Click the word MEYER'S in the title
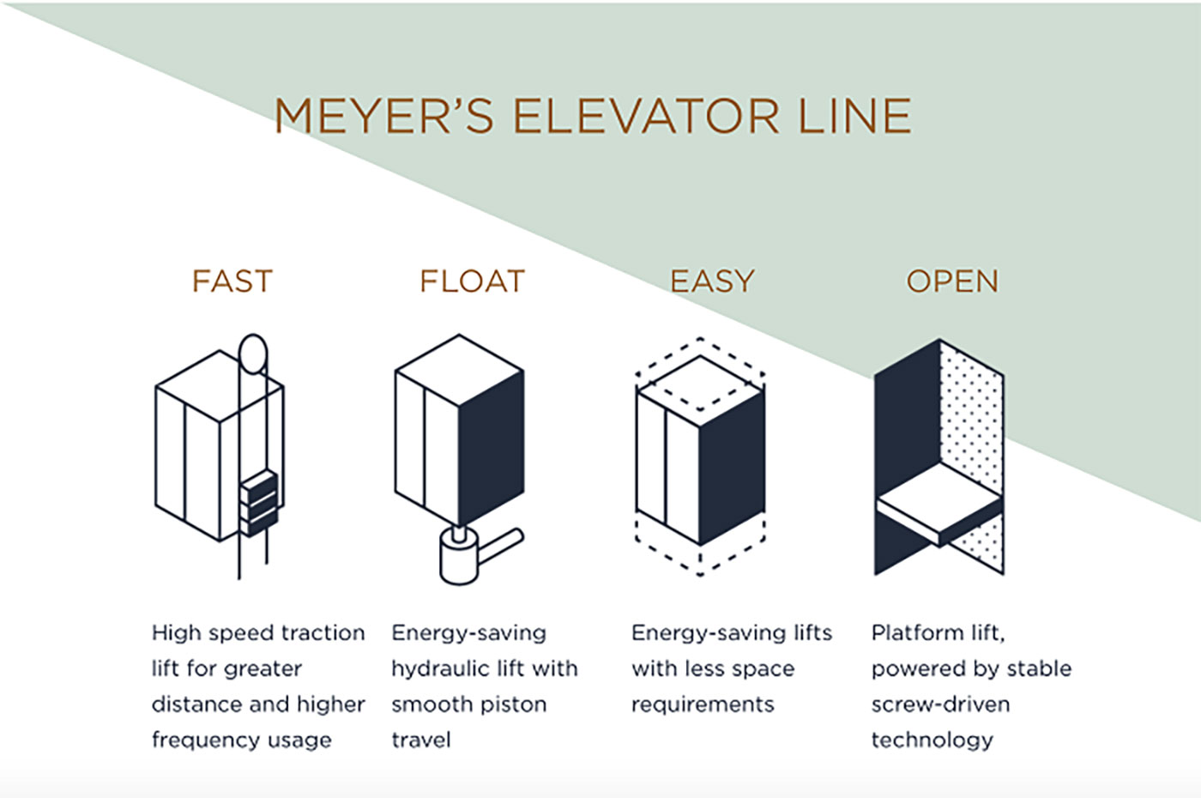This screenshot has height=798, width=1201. [383, 117]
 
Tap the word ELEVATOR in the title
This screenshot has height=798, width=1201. [646, 117]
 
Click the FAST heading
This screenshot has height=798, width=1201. [232, 281]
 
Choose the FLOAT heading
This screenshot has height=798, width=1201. [472, 281]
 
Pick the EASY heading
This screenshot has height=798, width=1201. [712, 281]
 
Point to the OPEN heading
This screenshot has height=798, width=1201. [952, 281]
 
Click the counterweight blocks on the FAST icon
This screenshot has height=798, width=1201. [259, 503]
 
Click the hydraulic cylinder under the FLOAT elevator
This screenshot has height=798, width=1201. [459, 558]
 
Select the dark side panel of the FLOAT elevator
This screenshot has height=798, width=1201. [491, 446]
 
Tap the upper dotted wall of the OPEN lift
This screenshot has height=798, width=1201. [971, 412]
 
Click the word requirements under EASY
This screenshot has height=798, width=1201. [703, 705]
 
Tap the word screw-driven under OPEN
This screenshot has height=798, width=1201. [940, 705]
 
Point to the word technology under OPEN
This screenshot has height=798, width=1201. [932, 741]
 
